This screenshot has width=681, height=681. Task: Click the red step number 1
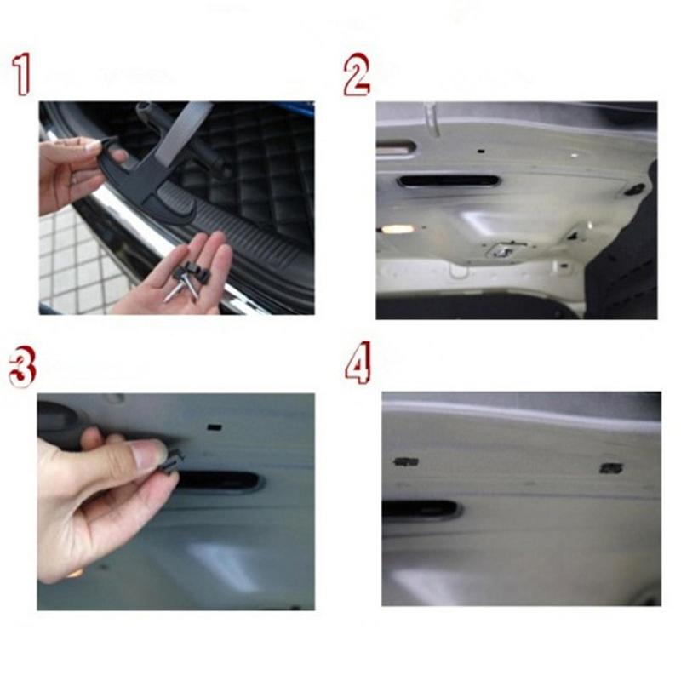point(22,75)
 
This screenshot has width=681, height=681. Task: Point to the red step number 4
point(358,365)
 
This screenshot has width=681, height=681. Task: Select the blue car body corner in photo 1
point(298,109)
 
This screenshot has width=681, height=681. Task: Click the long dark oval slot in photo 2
point(448,181)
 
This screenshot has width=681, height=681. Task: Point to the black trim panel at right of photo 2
point(630,247)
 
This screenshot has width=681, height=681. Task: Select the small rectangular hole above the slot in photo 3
point(214,423)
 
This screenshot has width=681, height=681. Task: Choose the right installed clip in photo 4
point(610,467)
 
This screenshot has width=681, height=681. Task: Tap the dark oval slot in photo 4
point(421,510)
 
